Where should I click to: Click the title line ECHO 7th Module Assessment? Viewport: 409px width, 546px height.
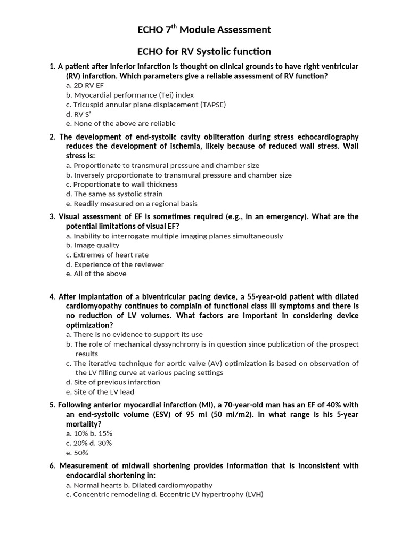point(204,30)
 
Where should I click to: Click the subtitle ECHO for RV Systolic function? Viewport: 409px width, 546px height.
point(204,52)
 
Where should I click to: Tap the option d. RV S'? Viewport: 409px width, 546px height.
point(78,114)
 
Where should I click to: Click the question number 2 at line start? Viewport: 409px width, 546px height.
point(52,137)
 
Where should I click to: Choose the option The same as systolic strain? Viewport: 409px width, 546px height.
point(114,194)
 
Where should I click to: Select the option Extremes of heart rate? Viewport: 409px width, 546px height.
point(108,255)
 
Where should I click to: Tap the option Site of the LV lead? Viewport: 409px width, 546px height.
point(100,392)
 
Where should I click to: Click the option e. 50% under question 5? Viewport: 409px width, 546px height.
point(77,453)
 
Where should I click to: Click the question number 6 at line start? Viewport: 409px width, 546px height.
point(52,466)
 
